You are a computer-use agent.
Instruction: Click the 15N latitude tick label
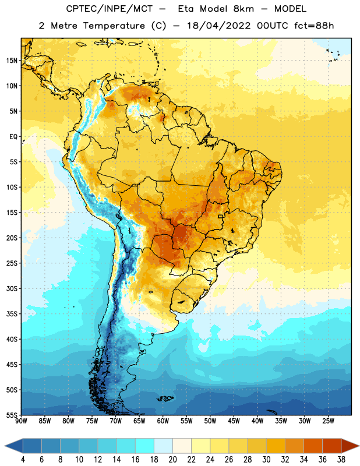coord(12,61)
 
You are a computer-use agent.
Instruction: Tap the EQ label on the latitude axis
coord(13,137)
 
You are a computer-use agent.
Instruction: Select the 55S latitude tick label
coord(12,415)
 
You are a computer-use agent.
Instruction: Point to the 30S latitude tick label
coord(12,288)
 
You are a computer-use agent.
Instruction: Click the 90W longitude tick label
coord(21,421)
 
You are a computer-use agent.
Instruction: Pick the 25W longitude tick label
coord(328,421)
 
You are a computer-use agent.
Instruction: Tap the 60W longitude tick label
coord(163,421)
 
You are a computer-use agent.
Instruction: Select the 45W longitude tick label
coord(234,421)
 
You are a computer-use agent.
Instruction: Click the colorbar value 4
coord(23,460)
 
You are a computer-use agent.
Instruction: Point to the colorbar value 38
coord(341,460)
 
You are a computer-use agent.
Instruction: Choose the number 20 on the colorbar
coord(172,460)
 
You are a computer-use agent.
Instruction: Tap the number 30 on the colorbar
coord(266,460)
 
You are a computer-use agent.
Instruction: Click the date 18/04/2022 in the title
coord(219,26)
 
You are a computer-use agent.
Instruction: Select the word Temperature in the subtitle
coord(114,26)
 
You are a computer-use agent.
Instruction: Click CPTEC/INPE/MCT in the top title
coord(109,9)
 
